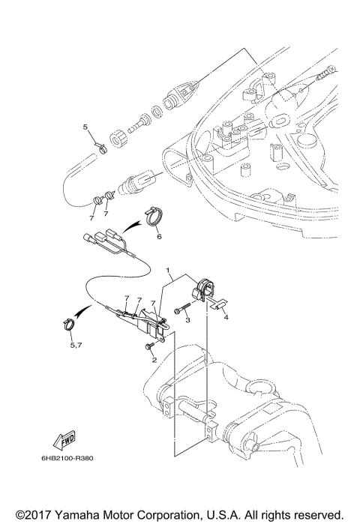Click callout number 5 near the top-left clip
pyautogui.click(x=85, y=127)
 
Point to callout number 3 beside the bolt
pyautogui.click(x=187, y=319)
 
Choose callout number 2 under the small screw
pyautogui.click(x=154, y=359)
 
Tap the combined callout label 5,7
pyautogui.click(x=75, y=346)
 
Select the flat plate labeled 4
pyautogui.click(x=215, y=304)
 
